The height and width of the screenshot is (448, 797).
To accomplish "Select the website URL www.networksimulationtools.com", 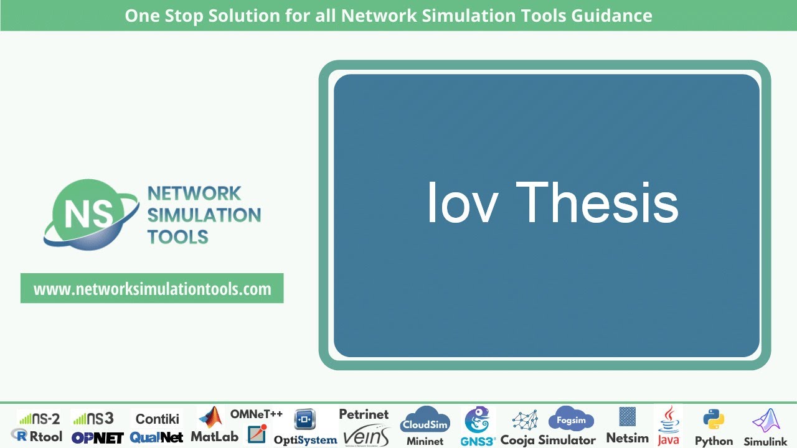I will pos(152,289).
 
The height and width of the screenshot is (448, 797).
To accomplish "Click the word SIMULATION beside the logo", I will pos(204,215).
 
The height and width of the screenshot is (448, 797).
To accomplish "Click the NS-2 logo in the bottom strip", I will pos(39,418).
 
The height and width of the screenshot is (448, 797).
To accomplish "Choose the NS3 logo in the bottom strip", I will pos(93,418).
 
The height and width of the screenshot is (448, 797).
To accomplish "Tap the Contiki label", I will pos(158,419).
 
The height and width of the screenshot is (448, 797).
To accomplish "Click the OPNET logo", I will pos(97,437).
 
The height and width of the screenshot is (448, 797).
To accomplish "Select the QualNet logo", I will pos(156,437).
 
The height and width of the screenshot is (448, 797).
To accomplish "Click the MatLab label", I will pos(214,436).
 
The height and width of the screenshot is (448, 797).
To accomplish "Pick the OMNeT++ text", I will pos(257,414).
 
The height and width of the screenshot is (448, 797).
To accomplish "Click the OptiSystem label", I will pos(305,440).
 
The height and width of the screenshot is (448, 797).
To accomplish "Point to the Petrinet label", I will pos(364,414).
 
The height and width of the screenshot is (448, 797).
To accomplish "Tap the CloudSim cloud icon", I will pos(425,421).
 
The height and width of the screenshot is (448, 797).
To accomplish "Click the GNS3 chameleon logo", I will pos(477,421).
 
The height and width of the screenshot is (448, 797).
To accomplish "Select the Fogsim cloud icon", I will pos(571,420).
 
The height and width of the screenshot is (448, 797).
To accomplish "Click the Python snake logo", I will pos(713,420).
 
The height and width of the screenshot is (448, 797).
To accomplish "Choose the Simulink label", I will pos(766,441).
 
